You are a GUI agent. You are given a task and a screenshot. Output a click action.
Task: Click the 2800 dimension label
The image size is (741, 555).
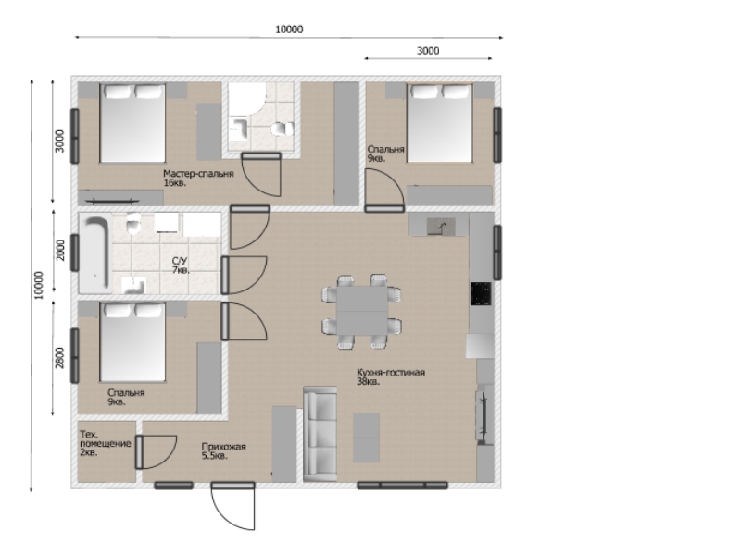pos(59,358)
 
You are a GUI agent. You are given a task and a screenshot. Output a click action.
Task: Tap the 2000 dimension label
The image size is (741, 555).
pos(60,250)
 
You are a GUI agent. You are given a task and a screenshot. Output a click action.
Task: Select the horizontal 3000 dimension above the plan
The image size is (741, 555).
pos(428,51)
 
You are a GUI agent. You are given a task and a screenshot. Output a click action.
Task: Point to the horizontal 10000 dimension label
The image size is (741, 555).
pos(289,30)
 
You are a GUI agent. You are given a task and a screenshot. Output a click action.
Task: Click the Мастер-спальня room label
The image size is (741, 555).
pos(198,173)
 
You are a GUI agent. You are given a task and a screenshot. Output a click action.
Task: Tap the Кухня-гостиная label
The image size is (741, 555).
pos(391,373)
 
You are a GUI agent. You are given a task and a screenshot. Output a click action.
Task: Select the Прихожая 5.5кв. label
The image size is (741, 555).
pos(223,451)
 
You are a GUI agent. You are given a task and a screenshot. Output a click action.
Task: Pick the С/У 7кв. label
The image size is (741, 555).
pos(181,265)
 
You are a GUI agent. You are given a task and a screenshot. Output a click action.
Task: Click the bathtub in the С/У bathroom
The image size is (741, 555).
pos(95,253)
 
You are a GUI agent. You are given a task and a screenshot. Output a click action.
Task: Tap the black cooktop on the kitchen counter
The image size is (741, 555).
pos(481,293)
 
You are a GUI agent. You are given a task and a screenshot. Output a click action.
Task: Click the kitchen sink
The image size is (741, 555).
pos(441,227)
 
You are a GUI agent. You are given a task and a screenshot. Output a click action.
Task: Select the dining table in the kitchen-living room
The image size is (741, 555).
pos(362,310)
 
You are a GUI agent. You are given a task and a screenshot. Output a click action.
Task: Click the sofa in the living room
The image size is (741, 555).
pos(320,434)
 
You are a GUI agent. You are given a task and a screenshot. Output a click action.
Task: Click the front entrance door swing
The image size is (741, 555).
pos(232,506)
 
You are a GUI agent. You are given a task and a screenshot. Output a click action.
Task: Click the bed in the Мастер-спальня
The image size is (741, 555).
pos(132,123)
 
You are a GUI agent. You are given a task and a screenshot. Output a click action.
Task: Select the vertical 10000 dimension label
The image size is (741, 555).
pos(39,285)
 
